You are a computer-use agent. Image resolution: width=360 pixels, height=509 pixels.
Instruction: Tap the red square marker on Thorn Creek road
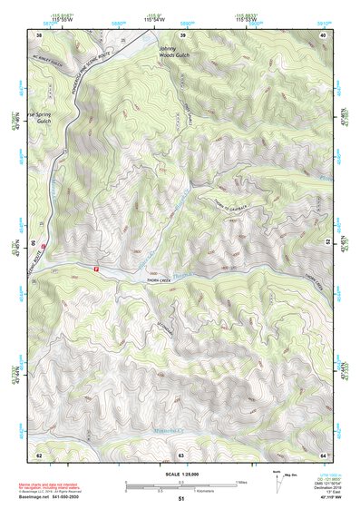pos(97,268)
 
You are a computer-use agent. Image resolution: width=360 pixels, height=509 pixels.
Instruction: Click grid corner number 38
pos(39,34)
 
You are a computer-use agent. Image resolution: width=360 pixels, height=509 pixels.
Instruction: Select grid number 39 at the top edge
pos(182,34)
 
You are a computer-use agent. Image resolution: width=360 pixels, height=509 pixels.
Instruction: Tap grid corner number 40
pos(323,34)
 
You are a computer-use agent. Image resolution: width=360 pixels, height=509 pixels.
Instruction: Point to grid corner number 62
pos(39,454)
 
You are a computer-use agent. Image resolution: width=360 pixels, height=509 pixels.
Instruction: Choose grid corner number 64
pos(323,454)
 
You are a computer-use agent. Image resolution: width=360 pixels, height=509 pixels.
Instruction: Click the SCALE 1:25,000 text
pos(181,473)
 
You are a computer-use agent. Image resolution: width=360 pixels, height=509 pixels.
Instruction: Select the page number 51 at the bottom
pos(181,500)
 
